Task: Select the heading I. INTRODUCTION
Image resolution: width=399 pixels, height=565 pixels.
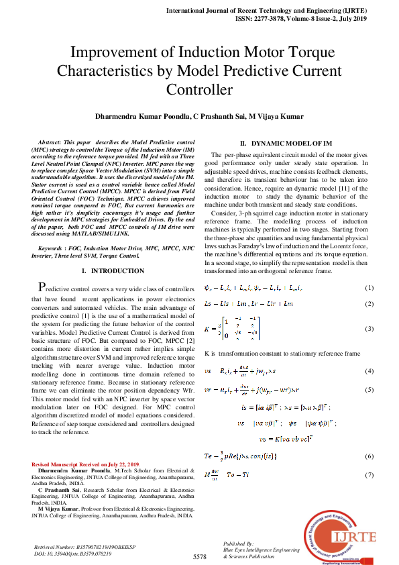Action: pos(113,271)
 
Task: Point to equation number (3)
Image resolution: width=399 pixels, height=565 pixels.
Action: pos(368,329)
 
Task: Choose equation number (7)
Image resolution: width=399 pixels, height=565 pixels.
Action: pos(368,475)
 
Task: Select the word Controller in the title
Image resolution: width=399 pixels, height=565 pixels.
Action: pos(199,90)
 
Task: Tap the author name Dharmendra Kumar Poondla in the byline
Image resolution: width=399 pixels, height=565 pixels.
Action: pos(141,116)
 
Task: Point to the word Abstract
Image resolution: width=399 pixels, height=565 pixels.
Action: pos(50,144)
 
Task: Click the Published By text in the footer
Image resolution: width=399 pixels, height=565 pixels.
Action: pos(238,544)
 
